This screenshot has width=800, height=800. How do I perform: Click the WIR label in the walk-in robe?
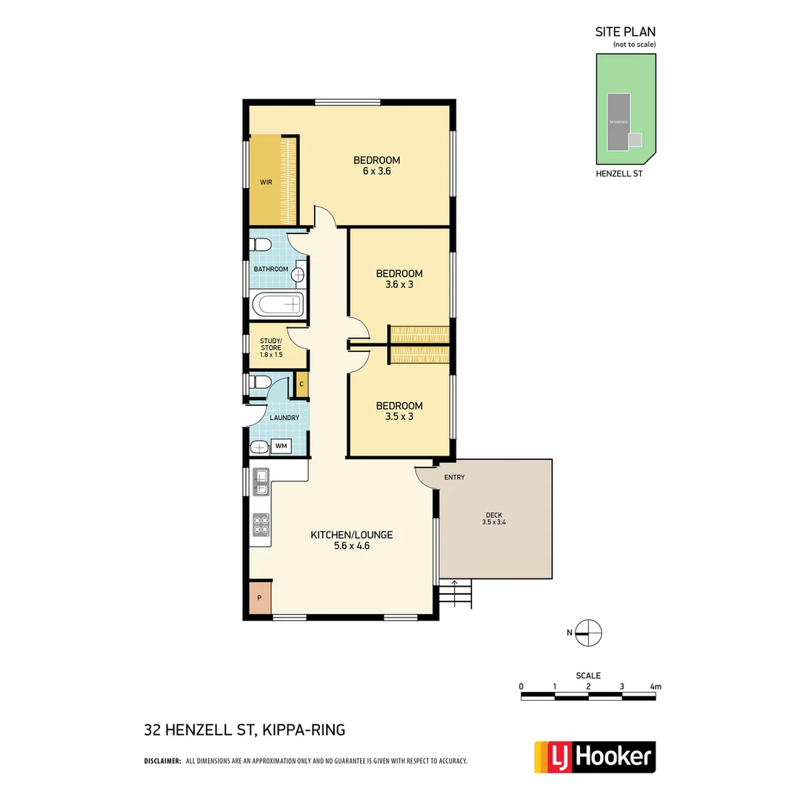[265, 181]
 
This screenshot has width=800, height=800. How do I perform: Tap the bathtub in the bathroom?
[278, 304]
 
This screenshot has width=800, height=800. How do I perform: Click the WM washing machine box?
[281, 446]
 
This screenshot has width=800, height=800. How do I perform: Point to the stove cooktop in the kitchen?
[261, 524]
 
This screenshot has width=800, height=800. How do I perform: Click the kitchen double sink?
[261, 481]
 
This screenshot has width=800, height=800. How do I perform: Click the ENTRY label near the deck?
[454, 477]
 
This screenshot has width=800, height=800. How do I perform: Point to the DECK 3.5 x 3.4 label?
[494, 519]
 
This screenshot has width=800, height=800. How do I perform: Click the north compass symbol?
[588, 633]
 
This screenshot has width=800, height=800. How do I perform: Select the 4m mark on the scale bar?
[655, 687]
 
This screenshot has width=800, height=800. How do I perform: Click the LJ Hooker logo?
[595, 756]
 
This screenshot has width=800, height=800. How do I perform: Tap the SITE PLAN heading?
[625, 32]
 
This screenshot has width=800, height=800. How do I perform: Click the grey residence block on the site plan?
[619, 120]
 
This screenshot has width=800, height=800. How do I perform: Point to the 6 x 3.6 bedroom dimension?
[376, 171]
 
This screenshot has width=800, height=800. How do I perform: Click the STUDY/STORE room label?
[271, 347]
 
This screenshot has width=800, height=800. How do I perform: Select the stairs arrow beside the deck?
[456, 593]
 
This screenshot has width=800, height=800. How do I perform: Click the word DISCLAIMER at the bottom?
[162, 761]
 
